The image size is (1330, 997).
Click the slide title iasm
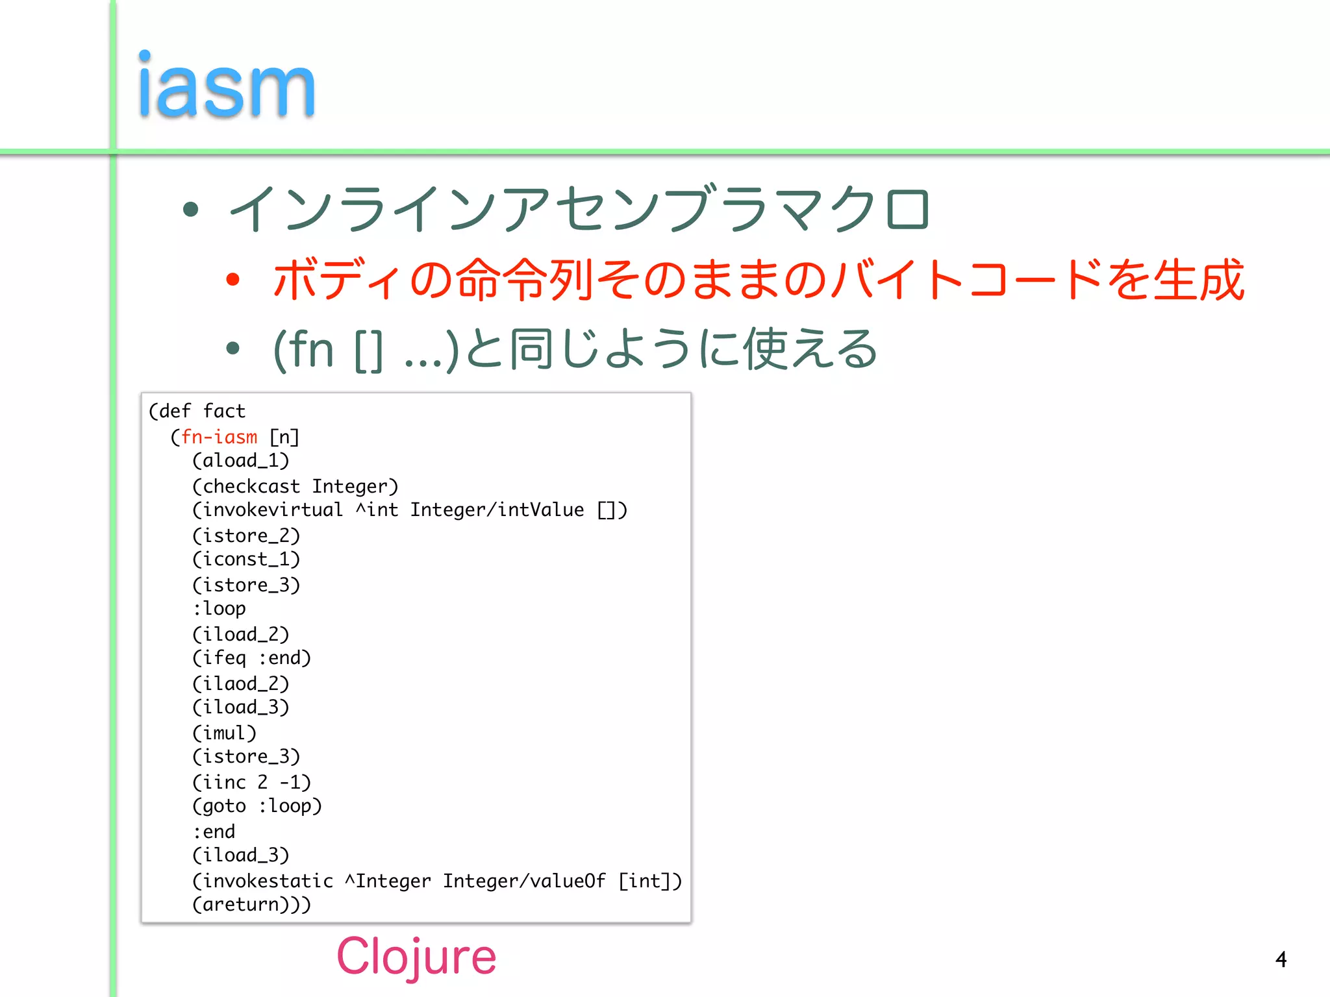pos(226,86)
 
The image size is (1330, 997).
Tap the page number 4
pos(1281,959)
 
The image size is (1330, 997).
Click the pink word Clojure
pos(416,957)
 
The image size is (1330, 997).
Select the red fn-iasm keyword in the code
pos(219,437)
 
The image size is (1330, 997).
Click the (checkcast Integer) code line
pos(295,486)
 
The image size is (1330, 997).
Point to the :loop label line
pos(219,609)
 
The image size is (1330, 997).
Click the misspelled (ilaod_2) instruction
pos(240,683)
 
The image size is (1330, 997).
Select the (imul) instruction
pos(224,733)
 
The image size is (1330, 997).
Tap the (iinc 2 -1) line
pos(251,782)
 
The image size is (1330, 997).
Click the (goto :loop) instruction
pos(257,806)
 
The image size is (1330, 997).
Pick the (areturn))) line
pos(251,904)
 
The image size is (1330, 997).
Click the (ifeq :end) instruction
pos(251,658)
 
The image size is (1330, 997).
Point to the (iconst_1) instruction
pos(246,560)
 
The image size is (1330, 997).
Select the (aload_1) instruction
pos(240,461)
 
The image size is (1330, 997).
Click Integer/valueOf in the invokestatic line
pos(524,881)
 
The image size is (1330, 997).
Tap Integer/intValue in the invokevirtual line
pos(497,510)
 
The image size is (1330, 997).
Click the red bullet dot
pos(232,280)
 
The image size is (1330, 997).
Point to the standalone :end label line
pos(214,831)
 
